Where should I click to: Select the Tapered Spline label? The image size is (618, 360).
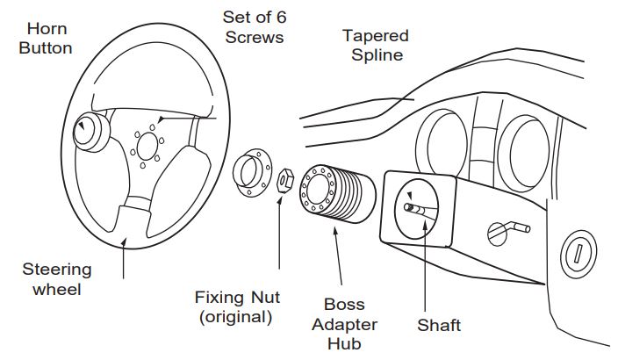point(376,45)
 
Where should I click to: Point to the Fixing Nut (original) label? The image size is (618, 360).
point(234,306)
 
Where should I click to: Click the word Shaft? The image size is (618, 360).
point(438,326)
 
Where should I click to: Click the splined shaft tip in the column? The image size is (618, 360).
point(413,209)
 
